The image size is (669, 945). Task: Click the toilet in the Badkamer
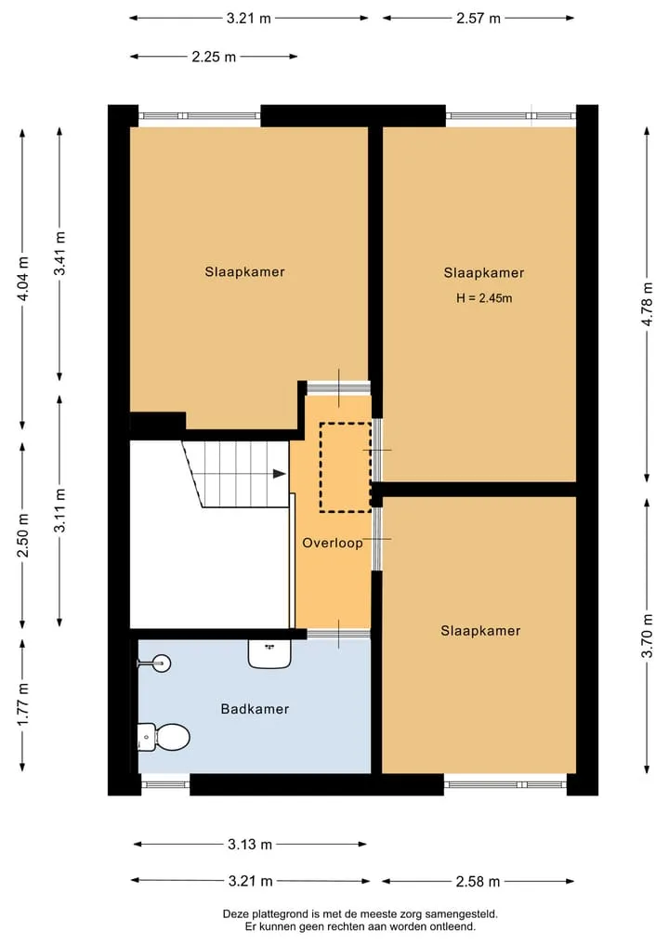point(164,737)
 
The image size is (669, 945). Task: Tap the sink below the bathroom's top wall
point(269,653)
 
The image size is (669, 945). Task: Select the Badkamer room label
point(255,709)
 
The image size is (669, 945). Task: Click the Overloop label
point(333,543)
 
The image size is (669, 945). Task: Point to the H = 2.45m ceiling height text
point(484,297)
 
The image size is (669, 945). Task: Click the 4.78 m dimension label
point(648,305)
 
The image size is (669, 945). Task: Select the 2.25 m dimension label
point(214,58)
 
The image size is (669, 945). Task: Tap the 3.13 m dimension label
point(250,845)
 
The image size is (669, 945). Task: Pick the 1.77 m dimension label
point(23,705)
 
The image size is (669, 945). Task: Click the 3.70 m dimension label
point(648,636)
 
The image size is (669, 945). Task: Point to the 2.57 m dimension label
point(479,19)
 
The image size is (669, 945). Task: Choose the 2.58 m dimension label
point(478,882)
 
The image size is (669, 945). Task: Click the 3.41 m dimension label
point(59,254)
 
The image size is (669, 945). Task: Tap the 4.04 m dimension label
point(23,279)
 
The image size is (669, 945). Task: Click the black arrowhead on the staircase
point(279,474)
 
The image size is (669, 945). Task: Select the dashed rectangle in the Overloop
point(346,467)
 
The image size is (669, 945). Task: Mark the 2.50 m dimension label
point(23,535)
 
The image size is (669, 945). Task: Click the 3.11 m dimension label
point(59,511)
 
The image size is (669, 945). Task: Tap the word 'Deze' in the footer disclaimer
point(236,914)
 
